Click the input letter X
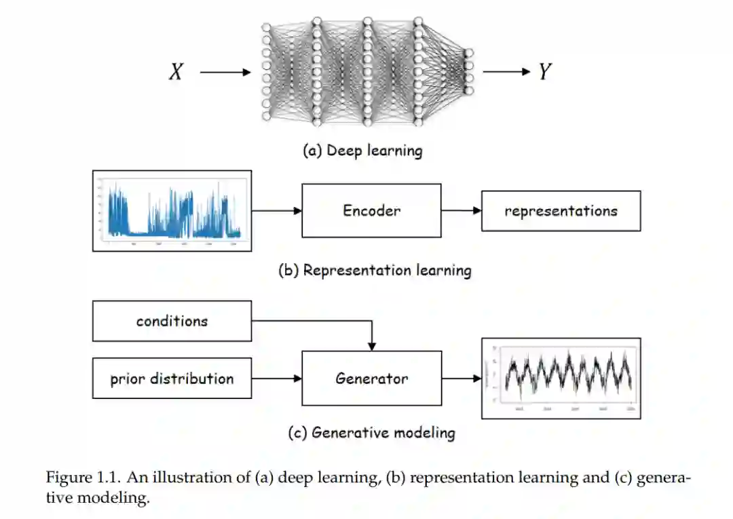176,72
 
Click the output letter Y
544,72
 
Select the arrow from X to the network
225,72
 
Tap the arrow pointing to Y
506,72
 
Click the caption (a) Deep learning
362,150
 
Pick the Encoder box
371,210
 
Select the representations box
561,210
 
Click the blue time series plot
172,210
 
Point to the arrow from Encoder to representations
461,210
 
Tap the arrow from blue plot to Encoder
276,210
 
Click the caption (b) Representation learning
375,270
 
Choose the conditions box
172,321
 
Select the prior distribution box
172,379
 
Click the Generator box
371,378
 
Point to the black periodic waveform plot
561,378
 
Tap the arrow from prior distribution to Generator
276,379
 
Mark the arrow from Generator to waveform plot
462,378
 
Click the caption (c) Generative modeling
371,432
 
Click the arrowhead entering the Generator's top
371,346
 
